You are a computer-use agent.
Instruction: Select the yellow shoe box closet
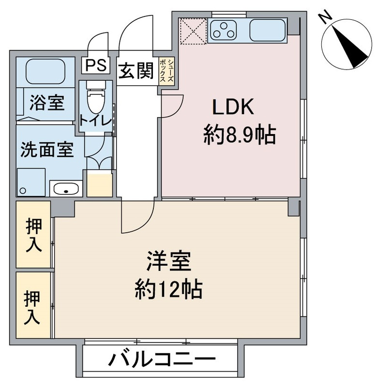tap(167, 72)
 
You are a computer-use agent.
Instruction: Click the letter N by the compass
tap(325, 17)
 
